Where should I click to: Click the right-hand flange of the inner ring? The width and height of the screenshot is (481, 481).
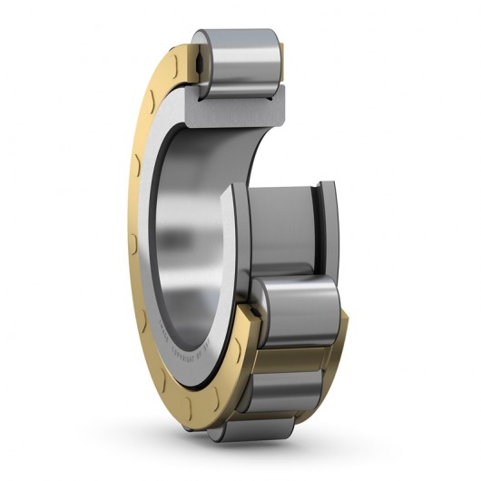(x=328, y=227)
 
